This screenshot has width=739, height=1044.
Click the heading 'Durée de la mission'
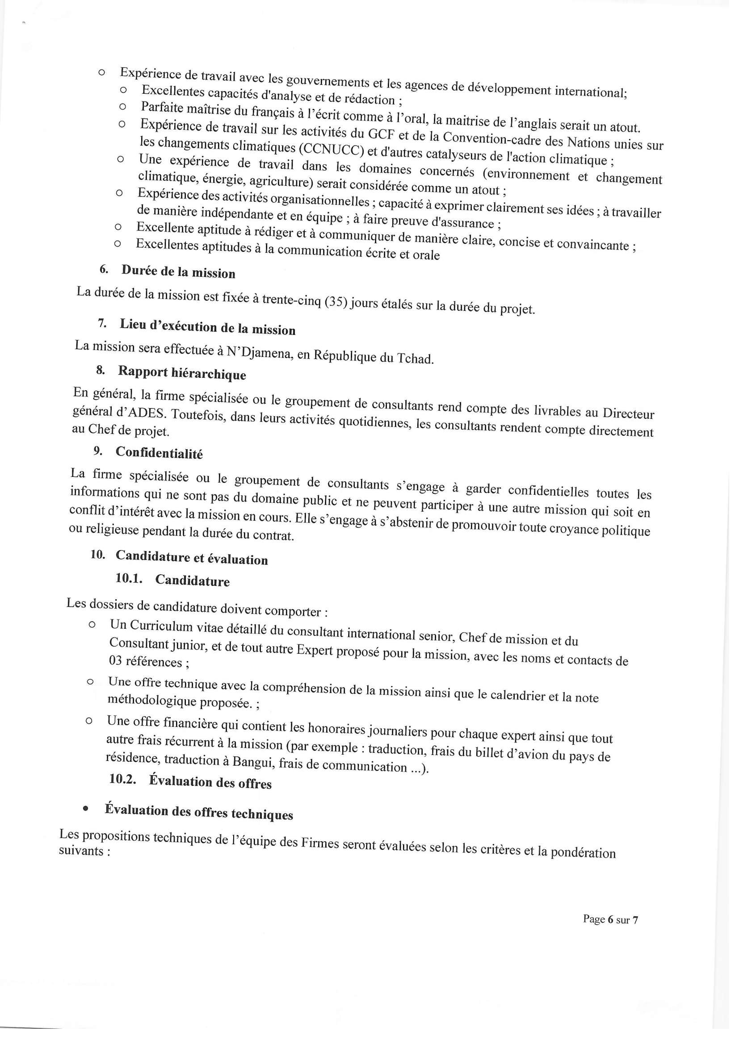178,271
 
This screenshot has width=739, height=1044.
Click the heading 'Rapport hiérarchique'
181,373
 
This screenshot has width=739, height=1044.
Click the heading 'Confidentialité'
159,452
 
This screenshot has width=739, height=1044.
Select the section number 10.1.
128,578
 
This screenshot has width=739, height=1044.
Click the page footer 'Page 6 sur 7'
610,919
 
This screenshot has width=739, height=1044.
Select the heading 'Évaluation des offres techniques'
198,812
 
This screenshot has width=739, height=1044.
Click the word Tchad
415,358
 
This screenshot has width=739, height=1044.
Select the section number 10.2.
122,778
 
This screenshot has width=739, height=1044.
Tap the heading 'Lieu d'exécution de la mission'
207,327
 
